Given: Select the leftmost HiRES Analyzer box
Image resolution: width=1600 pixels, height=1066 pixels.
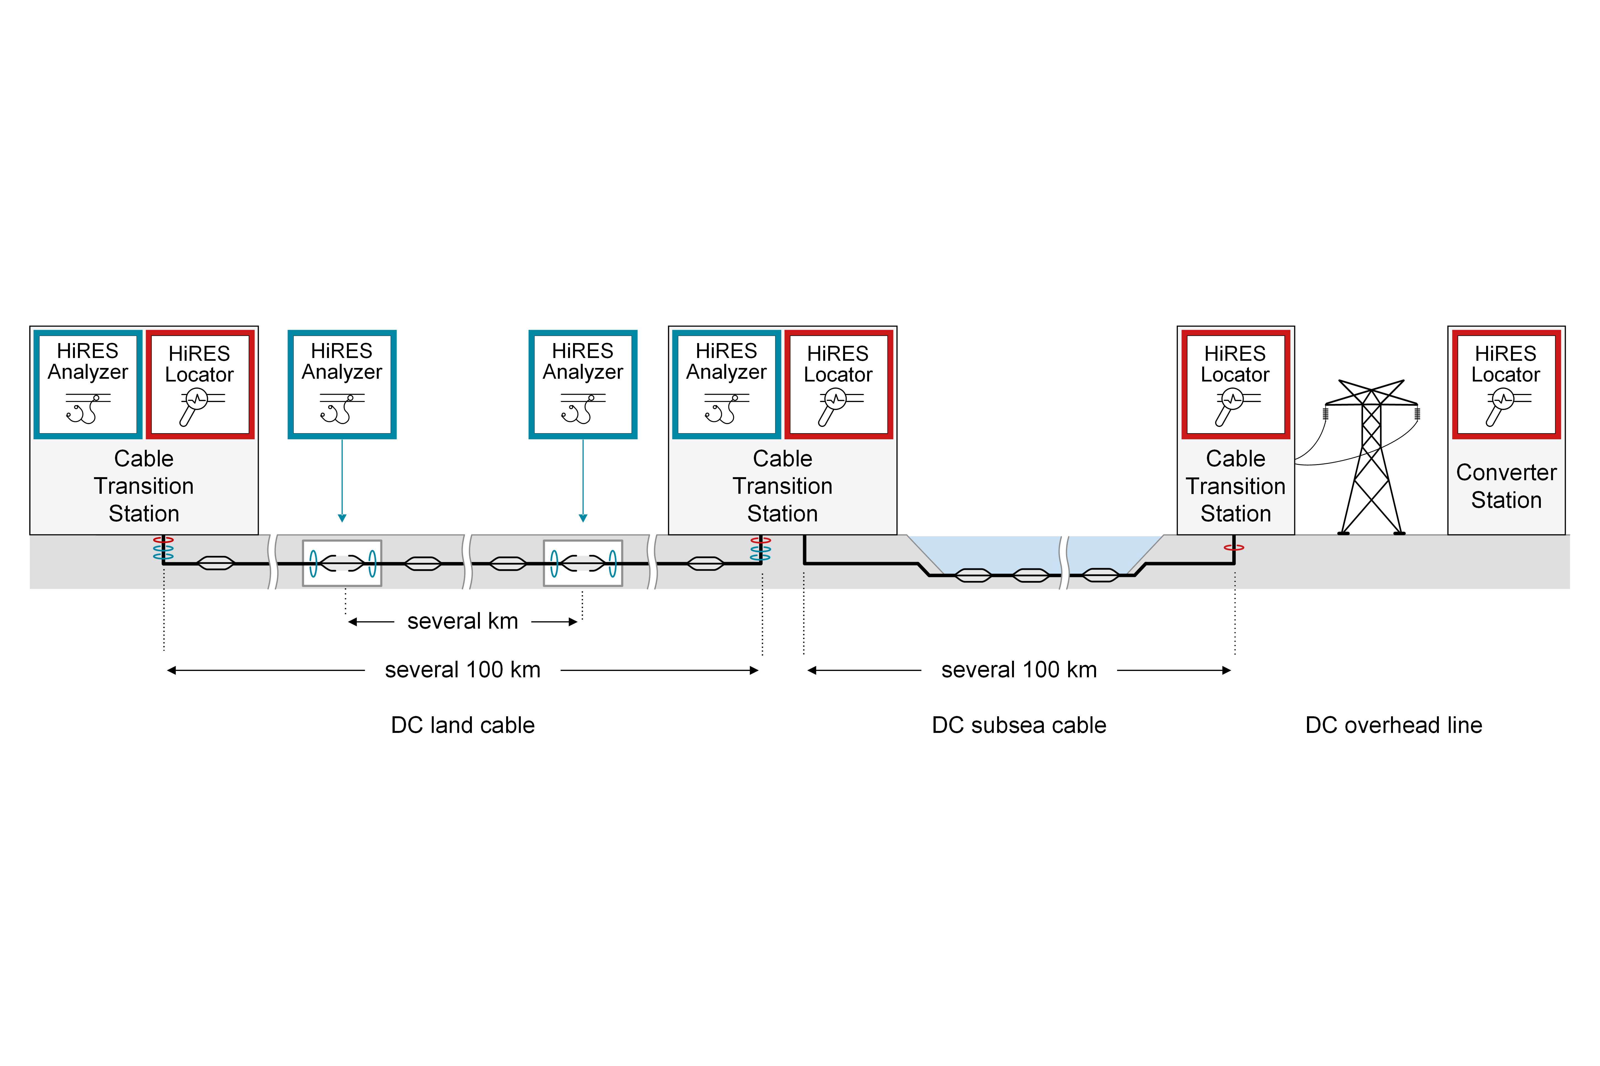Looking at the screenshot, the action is (88, 384).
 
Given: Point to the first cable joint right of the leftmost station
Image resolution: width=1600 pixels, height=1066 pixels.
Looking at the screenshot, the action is (215, 563).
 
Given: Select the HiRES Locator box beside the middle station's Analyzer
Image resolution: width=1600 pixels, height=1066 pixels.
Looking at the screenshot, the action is (838, 384).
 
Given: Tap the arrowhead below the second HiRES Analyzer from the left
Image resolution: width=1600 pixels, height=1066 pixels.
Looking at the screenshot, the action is (342, 518).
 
